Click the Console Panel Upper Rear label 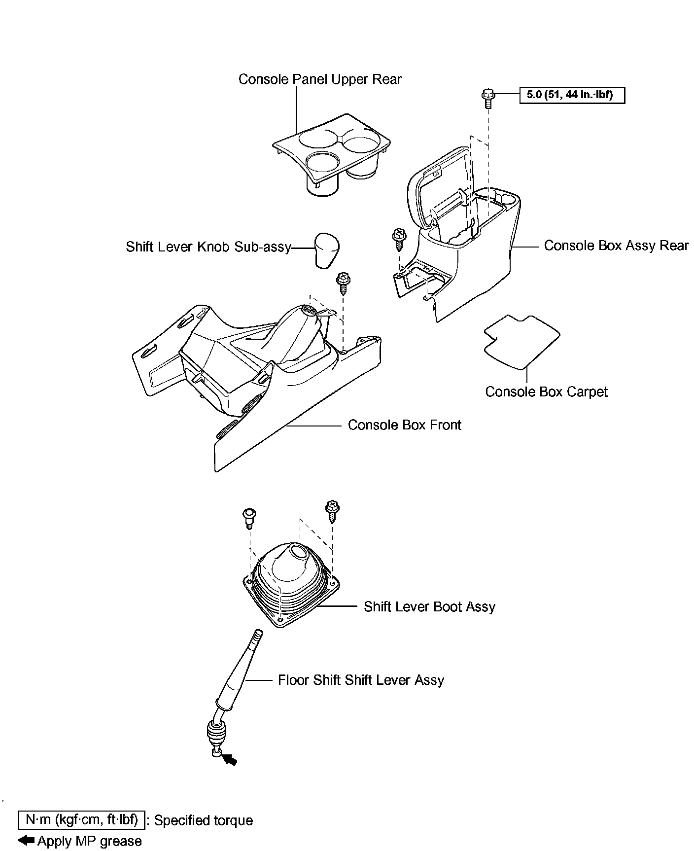coord(320,79)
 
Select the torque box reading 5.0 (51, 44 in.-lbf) coord(572,95)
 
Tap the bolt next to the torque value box coord(488,98)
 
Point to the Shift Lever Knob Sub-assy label coord(208,247)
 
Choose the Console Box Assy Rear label coord(616,246)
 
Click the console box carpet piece coord(521,341)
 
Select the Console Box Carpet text coord(546,392)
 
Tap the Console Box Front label coord(404,425)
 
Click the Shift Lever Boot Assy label coord(429,607)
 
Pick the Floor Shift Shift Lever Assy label coord(361,680)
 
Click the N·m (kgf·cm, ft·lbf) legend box coord(82,820)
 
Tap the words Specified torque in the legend coord(204,821)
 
